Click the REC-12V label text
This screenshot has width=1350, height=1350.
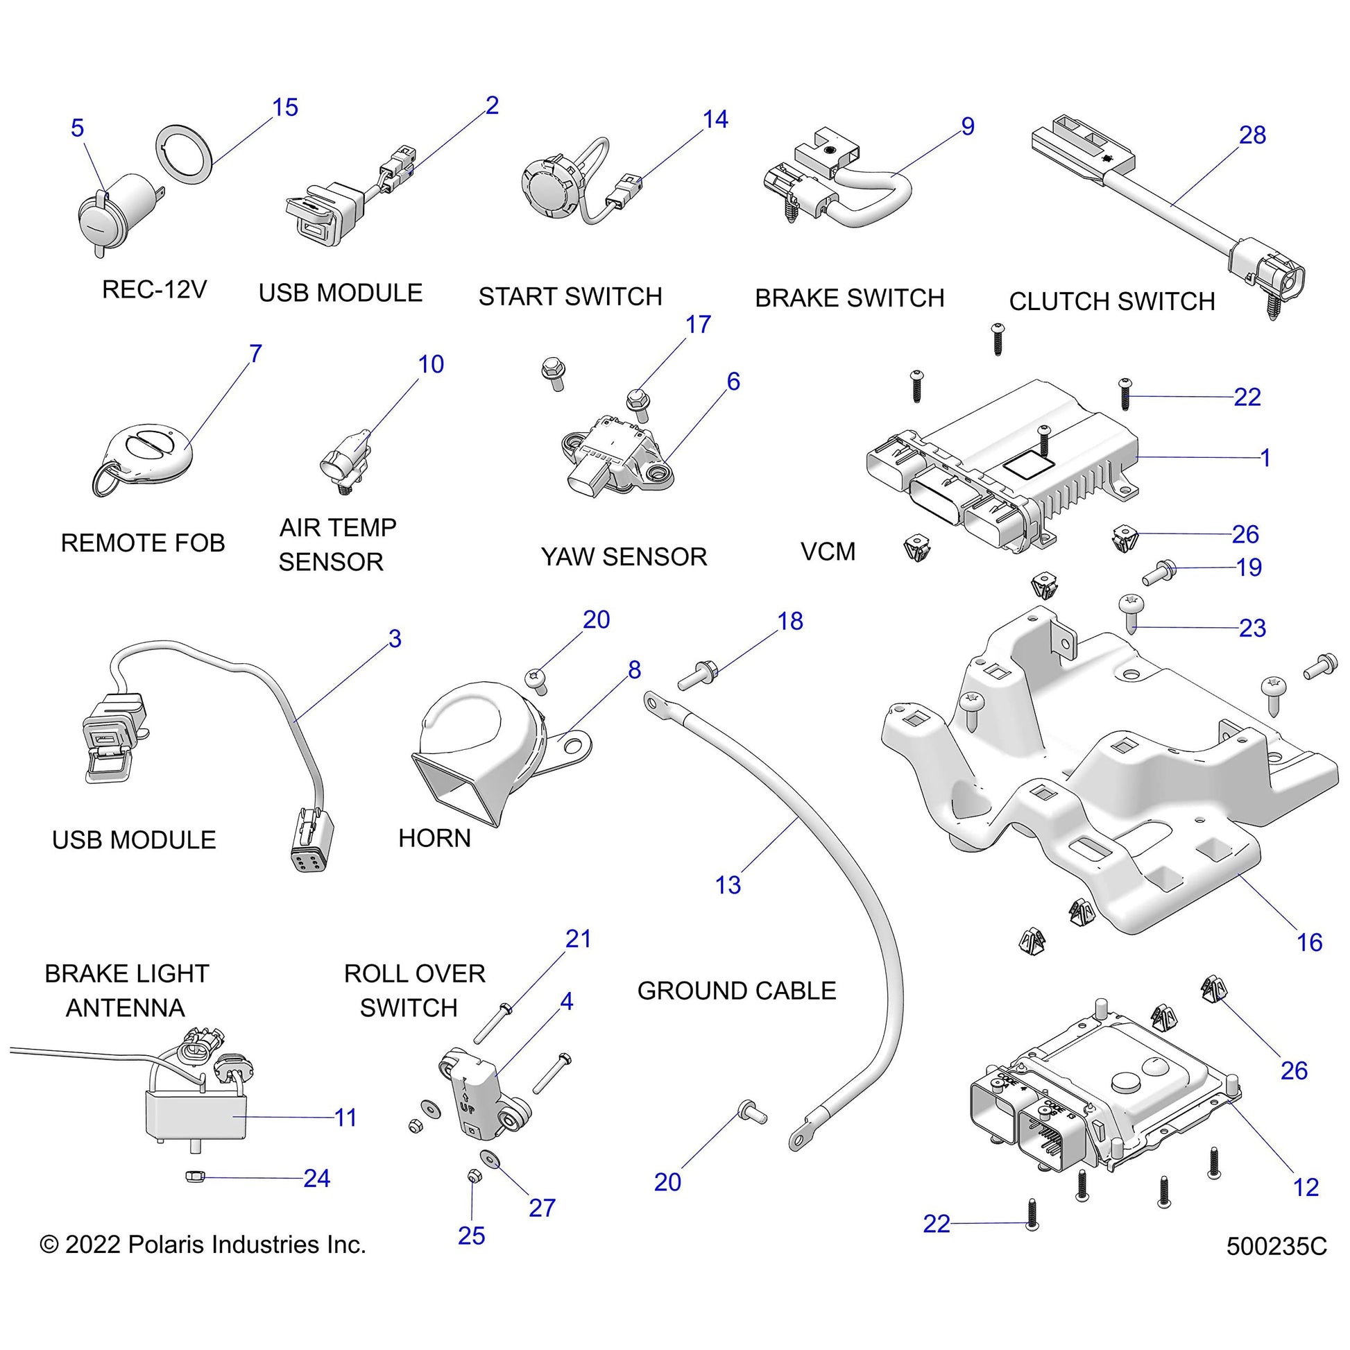[155, 289]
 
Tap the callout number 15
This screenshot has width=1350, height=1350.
[285, 108]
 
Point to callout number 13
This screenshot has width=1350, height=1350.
[728, 885]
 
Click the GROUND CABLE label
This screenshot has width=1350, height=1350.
[737, 991]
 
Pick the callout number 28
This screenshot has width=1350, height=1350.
[1252, 135]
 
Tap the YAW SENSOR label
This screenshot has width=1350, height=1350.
[624, 557]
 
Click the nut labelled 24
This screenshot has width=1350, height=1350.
[194, 1177]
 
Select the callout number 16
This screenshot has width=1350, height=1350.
[1310, 943]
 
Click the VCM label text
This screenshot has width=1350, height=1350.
[828, 552]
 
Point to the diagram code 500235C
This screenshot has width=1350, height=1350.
[1276, 1247]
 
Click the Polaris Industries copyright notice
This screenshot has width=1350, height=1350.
[203, 1245]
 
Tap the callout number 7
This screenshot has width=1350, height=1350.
[256, 354]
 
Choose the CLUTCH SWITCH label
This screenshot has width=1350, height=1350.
[1112, 301]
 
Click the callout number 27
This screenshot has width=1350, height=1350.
[542, 1208]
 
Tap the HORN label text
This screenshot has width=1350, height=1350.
[435, 838]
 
